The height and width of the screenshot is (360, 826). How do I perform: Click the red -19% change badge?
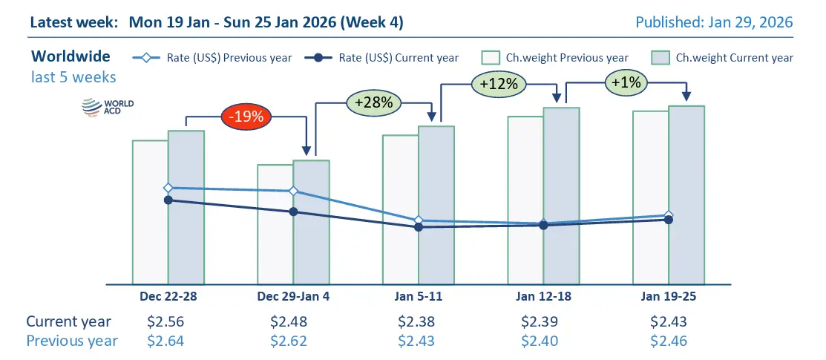(247, 116)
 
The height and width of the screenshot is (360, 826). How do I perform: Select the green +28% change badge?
(373, 101)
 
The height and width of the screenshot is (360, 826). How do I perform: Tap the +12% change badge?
(499, 84)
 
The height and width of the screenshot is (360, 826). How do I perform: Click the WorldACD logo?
(97, 109)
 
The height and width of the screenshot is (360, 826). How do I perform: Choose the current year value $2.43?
(669, 321)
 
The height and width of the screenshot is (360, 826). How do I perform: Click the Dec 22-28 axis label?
(168, 295)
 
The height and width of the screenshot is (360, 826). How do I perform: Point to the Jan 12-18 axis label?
(543, 295)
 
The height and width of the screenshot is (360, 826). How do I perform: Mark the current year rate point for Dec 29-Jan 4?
(293, 212)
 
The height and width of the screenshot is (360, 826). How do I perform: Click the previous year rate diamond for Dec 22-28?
(168, 188)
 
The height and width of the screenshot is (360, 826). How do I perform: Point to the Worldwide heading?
(71, 56)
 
